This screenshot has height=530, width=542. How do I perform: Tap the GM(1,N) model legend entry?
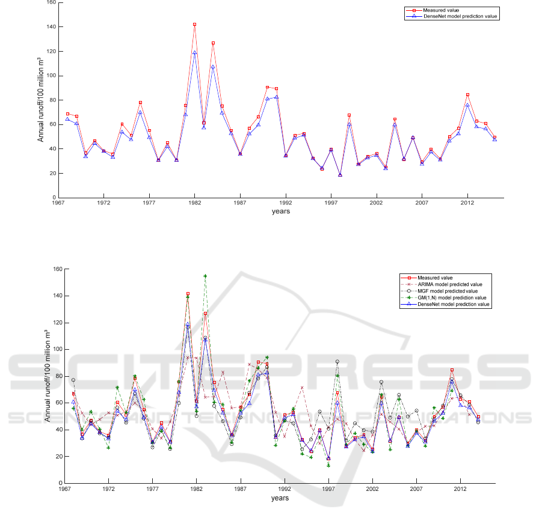pyautogui.click(x=451, y=297)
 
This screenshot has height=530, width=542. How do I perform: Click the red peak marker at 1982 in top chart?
pyautogui.click(x=194, y=24)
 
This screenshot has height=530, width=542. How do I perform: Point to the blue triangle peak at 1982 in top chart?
pyautogui.click(x=194, y=52)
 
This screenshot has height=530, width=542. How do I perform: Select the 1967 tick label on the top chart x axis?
pyautogui.click(x=58, y=203)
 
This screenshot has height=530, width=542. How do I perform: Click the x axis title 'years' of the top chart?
pyautogui.click(x=280, y=212)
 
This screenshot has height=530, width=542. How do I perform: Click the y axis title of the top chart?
pyautogui.click(x=41, y=100)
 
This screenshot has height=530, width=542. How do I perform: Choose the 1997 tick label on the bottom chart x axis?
pyautogui.click(x=328, y=489)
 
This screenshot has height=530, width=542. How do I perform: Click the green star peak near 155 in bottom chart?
pyautogui.click(x=205, y=276)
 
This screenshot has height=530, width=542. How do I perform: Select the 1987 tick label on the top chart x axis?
pyautogui.click(x=240, y=203)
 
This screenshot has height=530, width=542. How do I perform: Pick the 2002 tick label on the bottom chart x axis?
pyautogui.click(x=372, y=489)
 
